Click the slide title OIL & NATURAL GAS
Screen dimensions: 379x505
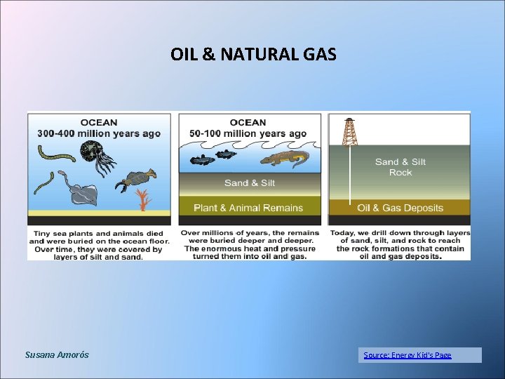tap(253, 54)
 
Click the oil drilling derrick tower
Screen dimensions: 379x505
tap(349, 132)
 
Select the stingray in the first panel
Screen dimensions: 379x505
tap(83, 193)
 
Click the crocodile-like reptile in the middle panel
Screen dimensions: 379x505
tap(284, 159)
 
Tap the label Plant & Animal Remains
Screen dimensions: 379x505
tap(248, 208)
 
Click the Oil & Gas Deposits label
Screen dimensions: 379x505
tap(400, 208)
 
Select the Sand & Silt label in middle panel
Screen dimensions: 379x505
tap(249, 183)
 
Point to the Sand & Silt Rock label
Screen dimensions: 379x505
tap(400, 167)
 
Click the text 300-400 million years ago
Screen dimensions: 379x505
tap(99, 133)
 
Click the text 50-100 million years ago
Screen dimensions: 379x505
tap(248, 133)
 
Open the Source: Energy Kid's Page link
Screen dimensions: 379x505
tap(408, 355)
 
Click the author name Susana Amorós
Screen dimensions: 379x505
tap(57, 355)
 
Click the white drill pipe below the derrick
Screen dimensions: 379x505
tap(349, 175)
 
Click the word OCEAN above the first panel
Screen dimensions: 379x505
tap(99, 122)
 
